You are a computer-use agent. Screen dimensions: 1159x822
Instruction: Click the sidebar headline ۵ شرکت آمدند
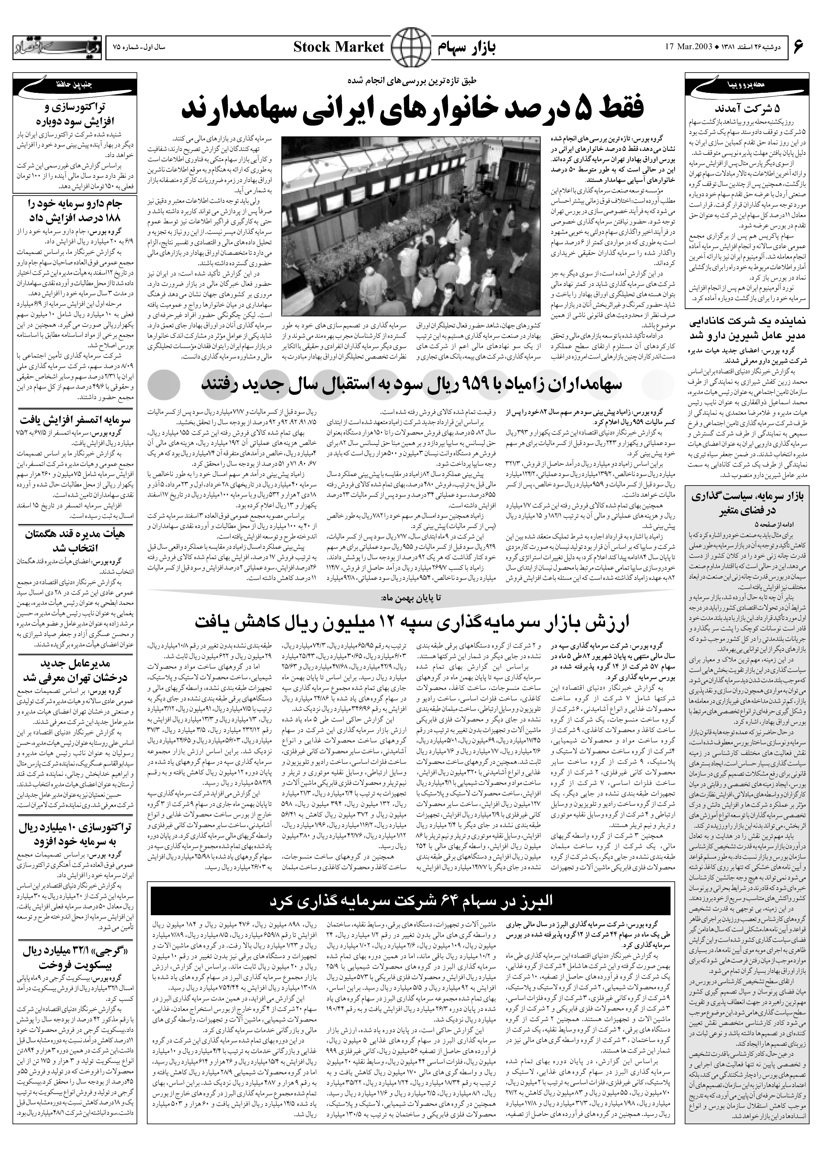747,109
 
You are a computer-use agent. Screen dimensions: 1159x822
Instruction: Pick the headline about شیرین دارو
747,329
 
